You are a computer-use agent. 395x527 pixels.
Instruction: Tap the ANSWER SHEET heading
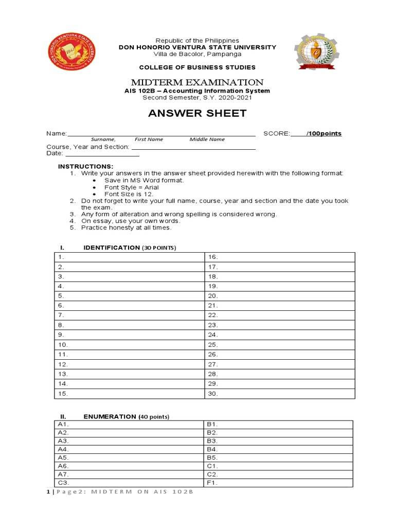[x=197, y=113]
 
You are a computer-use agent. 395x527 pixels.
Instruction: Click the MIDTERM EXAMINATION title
[x=197, y=82]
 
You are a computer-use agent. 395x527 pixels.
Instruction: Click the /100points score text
[x=324, y=133]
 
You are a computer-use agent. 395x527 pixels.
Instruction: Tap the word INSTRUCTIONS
[x=85, y=166]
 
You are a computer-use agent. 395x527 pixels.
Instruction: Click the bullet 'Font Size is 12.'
[x=128, y=194]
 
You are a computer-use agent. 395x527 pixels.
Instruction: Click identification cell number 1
[x=130, y=257]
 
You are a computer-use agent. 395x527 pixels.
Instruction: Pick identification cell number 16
[x=280, y=257]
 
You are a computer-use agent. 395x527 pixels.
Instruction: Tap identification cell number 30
[x=280, y=394]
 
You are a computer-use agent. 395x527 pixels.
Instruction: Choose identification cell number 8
[x=130, y=325]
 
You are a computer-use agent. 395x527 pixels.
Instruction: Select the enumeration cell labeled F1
[x=278, y=483]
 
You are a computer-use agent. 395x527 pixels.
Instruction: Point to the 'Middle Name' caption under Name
[x=207, y=139]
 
